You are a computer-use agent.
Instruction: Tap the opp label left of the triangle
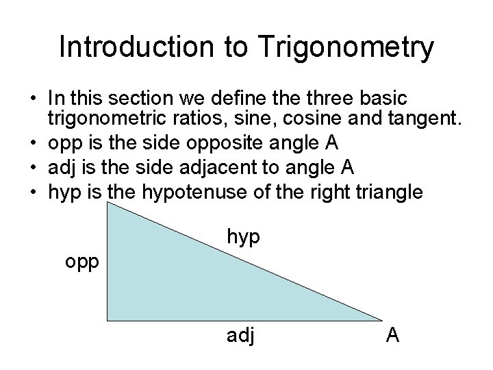click(83, 262)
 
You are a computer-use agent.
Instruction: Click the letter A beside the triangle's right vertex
click(393, 336)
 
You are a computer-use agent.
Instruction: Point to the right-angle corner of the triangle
click(109, 319)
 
